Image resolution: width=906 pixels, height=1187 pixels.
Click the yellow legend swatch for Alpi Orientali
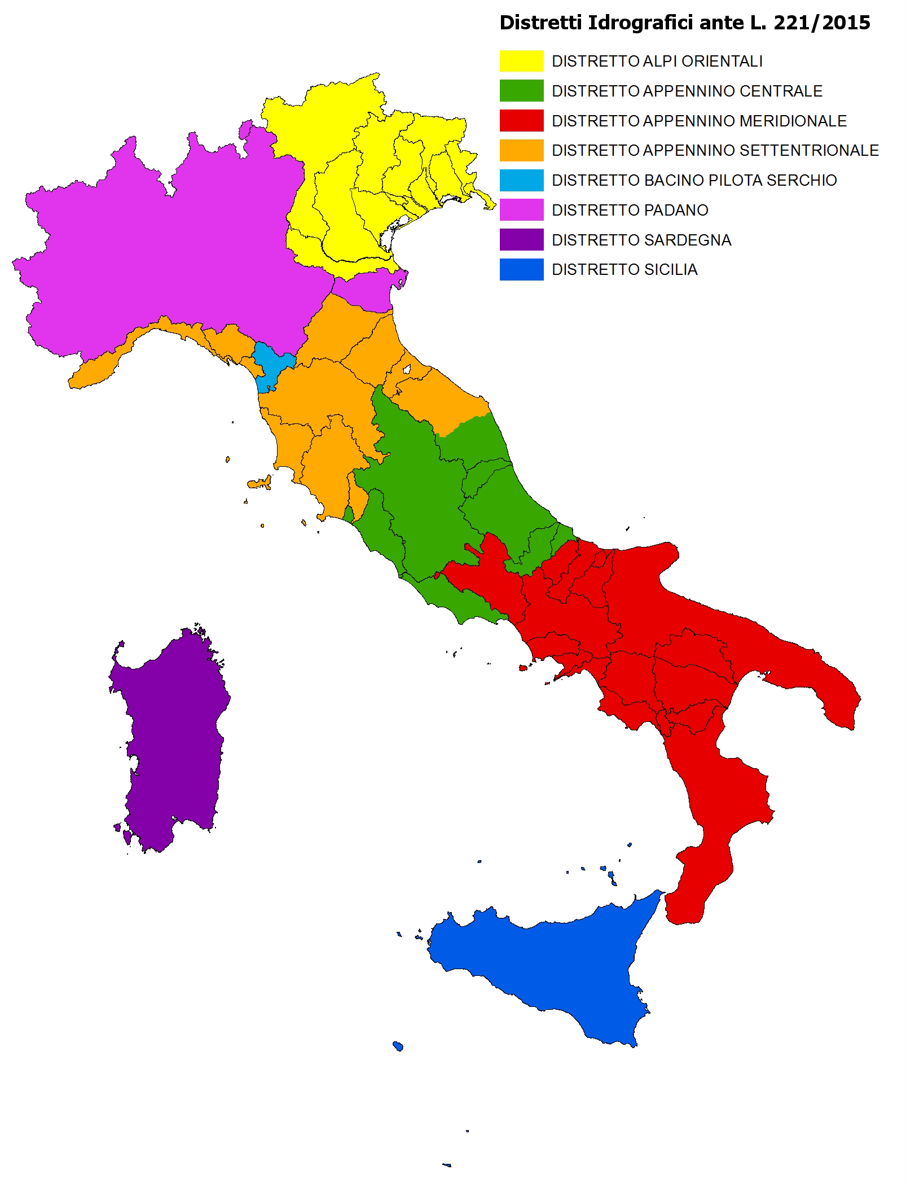[521, 61]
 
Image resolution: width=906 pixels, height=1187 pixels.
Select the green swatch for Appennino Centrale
[521, 91]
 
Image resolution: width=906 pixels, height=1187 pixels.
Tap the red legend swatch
[521, 121]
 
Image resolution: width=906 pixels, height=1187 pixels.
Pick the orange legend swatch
[521, 151]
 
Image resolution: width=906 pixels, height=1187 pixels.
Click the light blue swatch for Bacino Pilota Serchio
[521, 180]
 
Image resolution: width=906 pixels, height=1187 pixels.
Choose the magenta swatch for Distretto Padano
[521, 210]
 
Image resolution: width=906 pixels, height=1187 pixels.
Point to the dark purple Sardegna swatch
[521, 240]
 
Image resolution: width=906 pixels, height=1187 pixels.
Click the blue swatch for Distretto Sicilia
[521, 270]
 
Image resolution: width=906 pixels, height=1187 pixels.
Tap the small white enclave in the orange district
[408, 370]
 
